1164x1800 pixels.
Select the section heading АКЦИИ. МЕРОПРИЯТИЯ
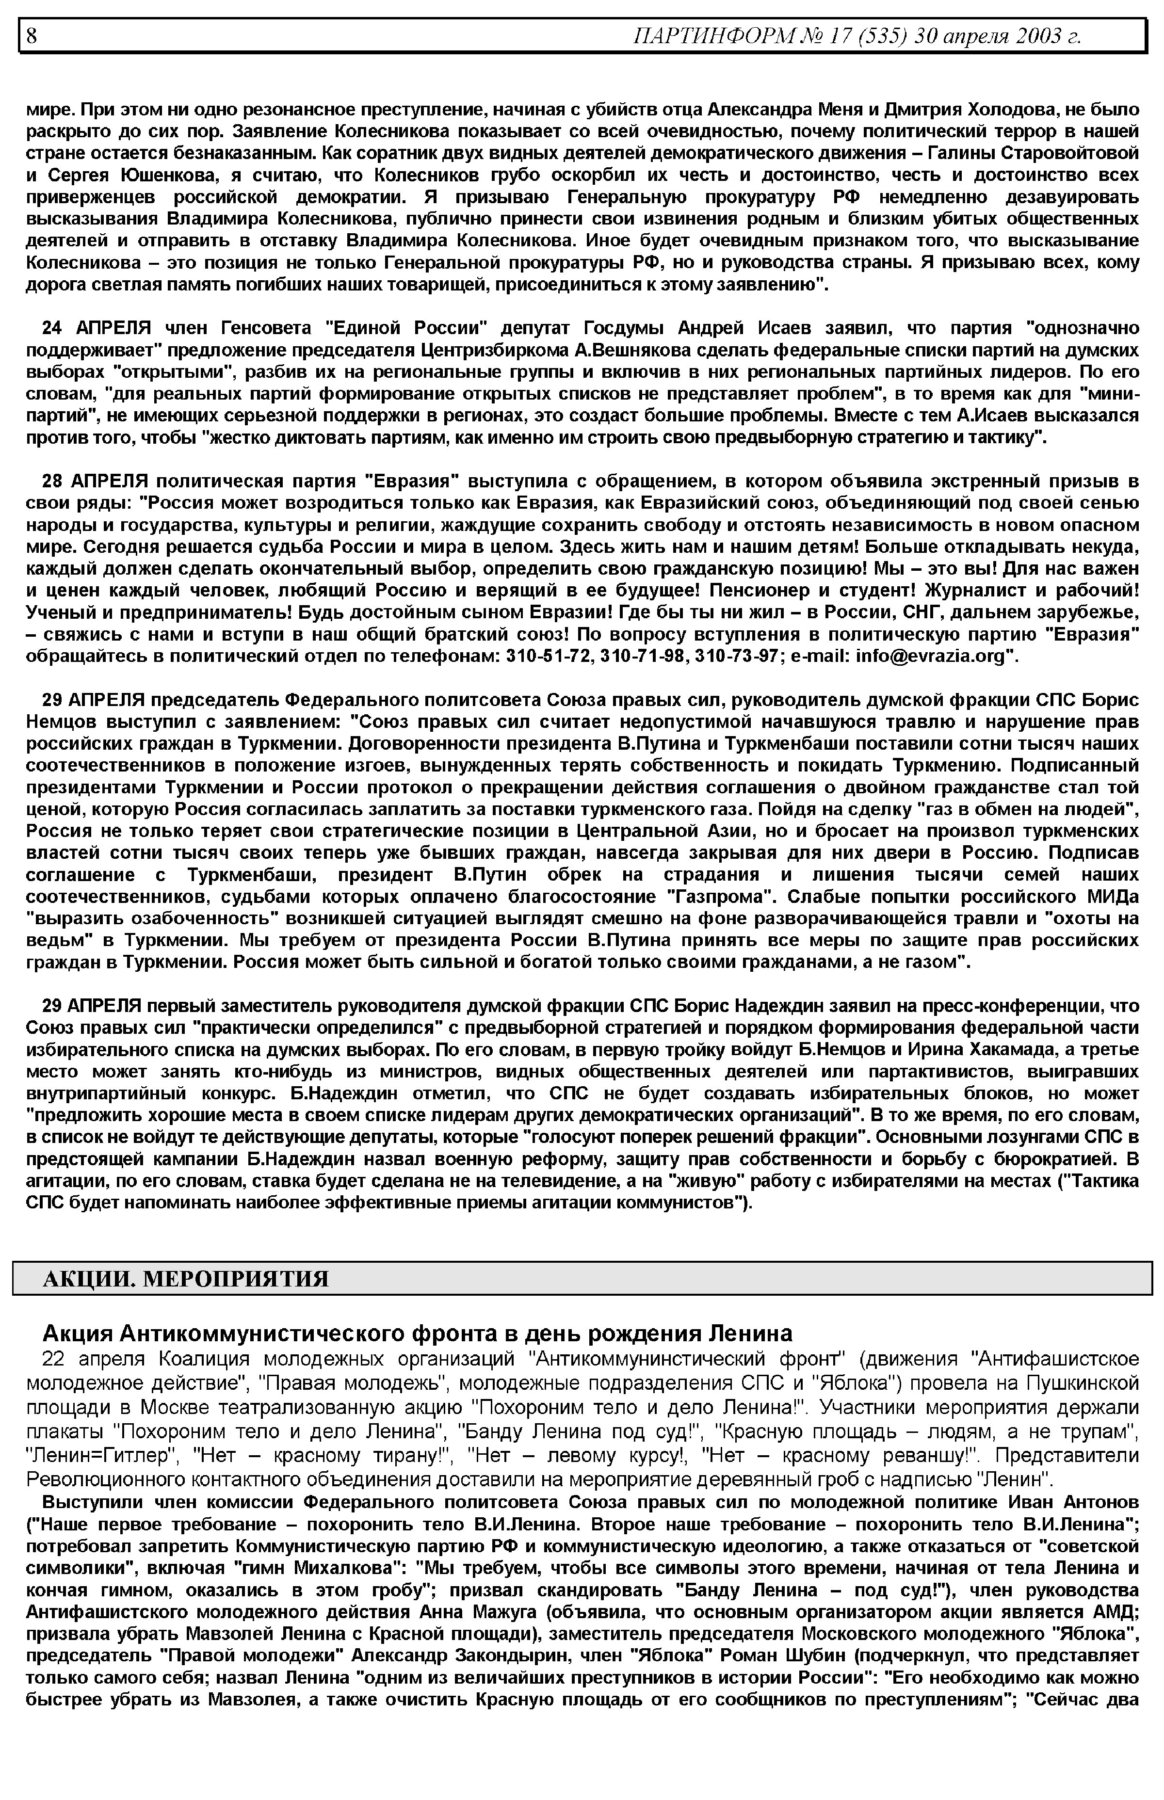point(186,1279)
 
